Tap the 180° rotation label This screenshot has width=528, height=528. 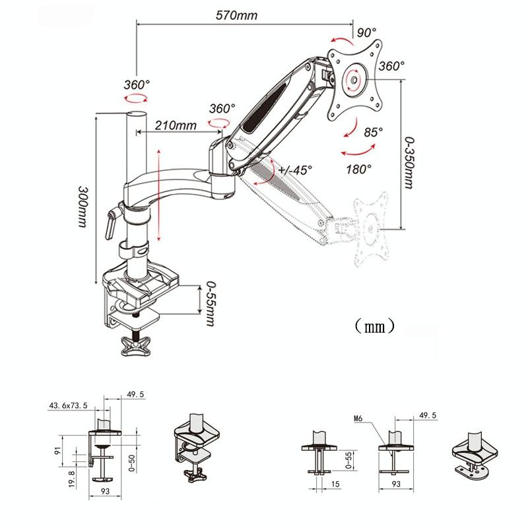pos(359,169)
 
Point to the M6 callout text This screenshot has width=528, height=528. pos(359,418)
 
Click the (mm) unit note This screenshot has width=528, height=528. pos(374,325)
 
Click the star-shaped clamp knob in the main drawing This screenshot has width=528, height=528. pos(137,345)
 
